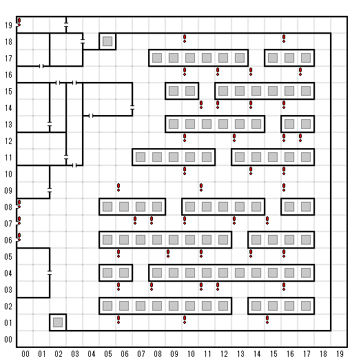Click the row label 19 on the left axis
8,25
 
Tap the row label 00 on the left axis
8,340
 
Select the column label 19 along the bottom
340,353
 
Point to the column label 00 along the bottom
25,353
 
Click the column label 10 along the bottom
191,353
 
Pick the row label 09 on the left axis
8,191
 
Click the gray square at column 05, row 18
107,41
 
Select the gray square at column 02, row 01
58,322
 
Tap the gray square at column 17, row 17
306,58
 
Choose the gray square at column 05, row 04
107,273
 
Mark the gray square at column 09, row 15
174,91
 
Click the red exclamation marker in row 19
19,22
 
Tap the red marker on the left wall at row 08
19,204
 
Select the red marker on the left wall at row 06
19,237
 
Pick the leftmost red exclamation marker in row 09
118,187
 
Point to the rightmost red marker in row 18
284,39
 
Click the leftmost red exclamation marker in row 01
118,320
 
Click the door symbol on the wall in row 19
66,25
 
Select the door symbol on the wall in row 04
50,273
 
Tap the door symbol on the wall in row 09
50,190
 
